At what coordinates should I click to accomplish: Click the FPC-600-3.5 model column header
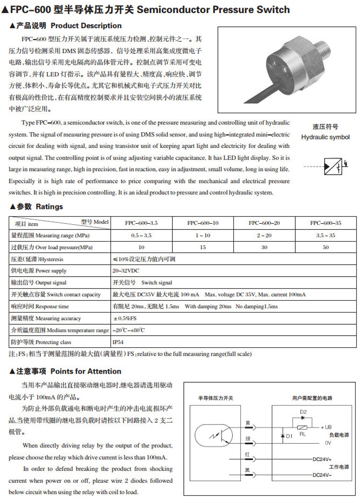[x=141, y=223]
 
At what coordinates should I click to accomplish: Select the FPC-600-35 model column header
[x=325, y=223]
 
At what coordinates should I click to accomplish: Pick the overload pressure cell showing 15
[x=203, y=247]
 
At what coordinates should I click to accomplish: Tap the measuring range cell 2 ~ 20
[x=264, y=235]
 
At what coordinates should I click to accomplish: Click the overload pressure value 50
[x=325, y=247]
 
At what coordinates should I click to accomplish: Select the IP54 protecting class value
[x=118, y=342]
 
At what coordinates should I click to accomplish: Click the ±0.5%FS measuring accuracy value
[x=124, y=318]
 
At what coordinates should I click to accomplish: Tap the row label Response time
[x=41, y=306]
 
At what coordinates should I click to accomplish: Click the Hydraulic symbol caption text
[x=325, y=137]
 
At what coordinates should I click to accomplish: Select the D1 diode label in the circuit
[x=289, y=436]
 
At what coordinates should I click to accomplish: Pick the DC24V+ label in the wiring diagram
[x=322, y=459]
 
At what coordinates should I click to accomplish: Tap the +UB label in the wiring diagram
[x=326, y=426]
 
